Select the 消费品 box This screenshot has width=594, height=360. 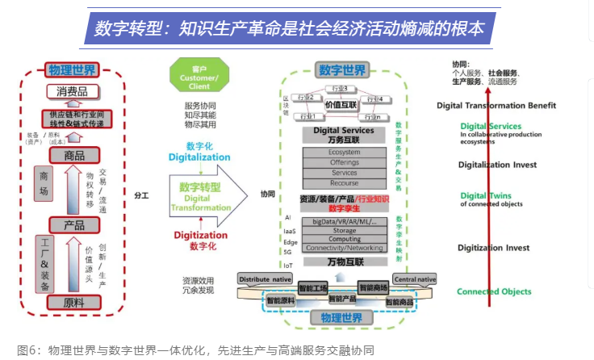73,92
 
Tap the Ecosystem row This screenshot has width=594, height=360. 344,152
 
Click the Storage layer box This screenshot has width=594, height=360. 344,230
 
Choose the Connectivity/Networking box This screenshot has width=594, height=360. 344,248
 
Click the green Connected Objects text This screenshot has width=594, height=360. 494,291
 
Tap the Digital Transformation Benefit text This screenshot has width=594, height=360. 496,105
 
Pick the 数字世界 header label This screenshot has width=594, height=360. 342,69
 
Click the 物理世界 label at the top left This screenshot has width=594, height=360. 72,69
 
